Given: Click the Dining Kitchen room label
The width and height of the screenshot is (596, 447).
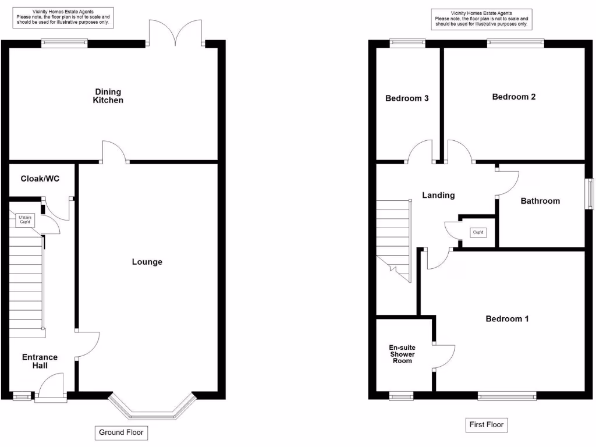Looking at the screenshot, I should pyautogui.click(x=108, y=96).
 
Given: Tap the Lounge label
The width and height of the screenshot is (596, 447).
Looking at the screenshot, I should pyautogui.click(x=147, y=262).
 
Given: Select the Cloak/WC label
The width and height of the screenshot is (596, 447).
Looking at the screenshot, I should pyautogui.click(x=40, y=179).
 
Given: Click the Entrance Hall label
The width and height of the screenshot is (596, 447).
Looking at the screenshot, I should pyautogui.click(x=40, y=361).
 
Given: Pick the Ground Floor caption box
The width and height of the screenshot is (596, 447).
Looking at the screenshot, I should pyautogui.click(x=121, y=432).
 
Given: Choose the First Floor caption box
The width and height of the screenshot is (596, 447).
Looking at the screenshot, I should pyautogui.click(x=487, y=425).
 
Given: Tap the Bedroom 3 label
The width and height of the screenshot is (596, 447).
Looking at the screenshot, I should pyautogui.click(x=407, y=98).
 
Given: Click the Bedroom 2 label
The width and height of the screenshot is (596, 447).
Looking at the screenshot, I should pyautogui.click(x=513, y=97).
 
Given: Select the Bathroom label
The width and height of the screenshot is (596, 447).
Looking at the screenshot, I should pyautogui.click(x=540, y=201).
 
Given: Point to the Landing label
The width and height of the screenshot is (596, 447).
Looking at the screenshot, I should pyautogui.click(x=438, y=195).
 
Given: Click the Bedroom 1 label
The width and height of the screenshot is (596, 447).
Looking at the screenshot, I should pyautogui.click(x=507, y=318).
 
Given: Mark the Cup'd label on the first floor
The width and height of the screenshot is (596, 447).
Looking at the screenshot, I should pyautogui.click(x=478, y=233).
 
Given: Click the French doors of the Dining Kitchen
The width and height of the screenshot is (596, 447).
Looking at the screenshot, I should pyautogui.click(x=176, y=32).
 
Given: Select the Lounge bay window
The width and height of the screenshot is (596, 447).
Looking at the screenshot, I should pyautogui.click(x=151, y=410).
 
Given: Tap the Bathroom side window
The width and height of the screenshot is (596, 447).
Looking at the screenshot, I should pyautogui.click(x=590, y=193).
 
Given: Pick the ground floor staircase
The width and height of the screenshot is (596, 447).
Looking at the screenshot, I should pyautogui.click(x=27, y=285).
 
